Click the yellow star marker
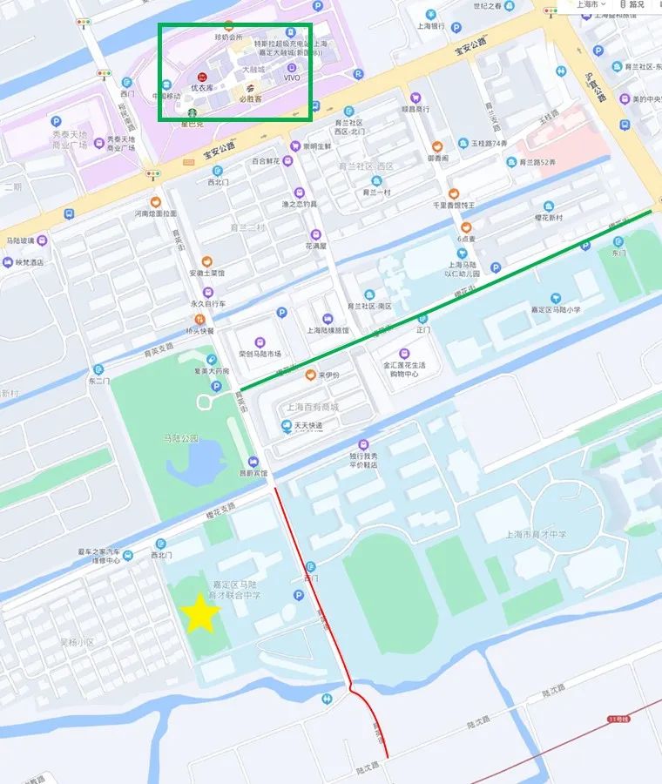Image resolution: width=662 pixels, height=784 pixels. [201, 613]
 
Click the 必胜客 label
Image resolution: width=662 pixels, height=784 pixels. [250, 99]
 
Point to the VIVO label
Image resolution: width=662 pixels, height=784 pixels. [292, 78]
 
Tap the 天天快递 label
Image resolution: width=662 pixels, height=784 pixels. [307, 425]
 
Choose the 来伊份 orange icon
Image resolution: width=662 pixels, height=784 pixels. [310, 375]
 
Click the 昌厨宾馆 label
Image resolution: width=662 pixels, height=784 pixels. [253, 474]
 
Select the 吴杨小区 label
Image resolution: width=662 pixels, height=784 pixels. [76, 642]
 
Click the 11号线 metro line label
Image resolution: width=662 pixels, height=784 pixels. [618, 719]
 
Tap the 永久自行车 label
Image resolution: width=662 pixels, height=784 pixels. [207, 304]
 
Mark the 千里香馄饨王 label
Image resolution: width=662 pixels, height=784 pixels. [454, 206]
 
